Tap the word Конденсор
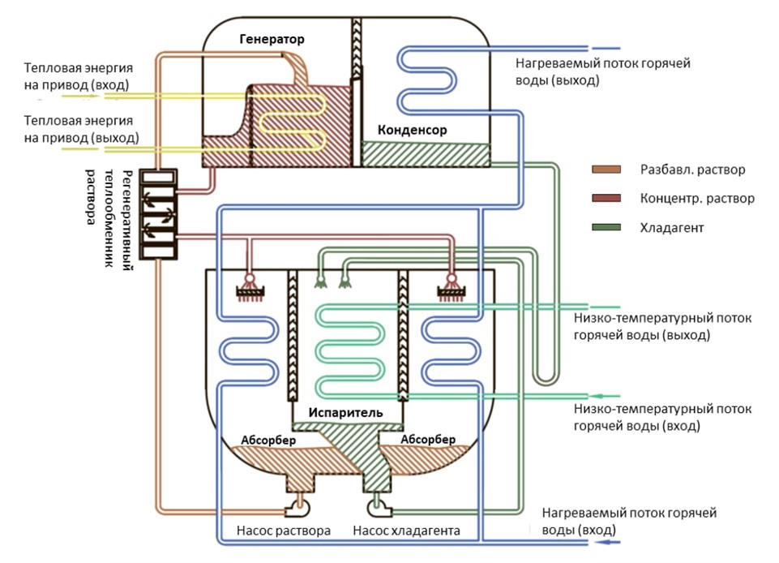(412, 130)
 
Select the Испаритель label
(345, 412)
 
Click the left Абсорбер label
(268, 440)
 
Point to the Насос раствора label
(284, 531)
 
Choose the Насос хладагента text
(407, 531)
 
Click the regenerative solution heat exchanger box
(159, 214)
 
